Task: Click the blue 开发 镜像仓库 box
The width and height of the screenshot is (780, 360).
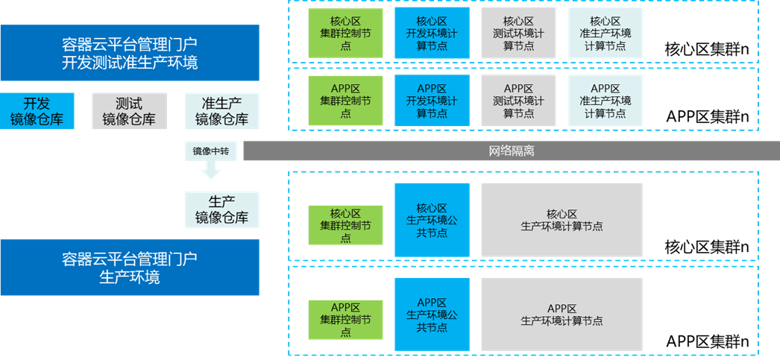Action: click(37, 111)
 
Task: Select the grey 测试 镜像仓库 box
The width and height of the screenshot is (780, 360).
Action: click(129, 111)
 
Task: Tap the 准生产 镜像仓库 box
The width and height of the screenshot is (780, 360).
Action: click(221, 111)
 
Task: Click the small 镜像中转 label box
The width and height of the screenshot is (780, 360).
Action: click(211, 151)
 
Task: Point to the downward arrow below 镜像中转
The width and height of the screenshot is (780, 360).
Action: click(211, 171)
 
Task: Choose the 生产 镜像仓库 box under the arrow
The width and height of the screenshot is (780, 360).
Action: click(221, 209)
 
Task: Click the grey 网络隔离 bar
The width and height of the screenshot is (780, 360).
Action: click(511, 151)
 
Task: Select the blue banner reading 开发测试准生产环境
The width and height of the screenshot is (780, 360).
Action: click(130, 53)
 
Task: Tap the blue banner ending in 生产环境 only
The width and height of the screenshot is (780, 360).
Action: click(130, 268)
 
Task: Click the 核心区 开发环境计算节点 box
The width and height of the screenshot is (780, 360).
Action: click(432, 34)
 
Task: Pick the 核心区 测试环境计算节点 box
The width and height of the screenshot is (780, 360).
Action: click(518, 34)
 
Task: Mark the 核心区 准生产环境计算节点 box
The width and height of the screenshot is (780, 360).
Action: click(605, 34)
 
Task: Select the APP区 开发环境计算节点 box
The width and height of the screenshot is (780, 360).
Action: click(432, 101)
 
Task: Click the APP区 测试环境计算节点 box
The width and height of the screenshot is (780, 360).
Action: click(518, 101)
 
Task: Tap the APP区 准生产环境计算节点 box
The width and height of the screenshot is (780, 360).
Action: click(605, 101)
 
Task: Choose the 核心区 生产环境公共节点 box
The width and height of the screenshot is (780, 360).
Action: click(432, 220)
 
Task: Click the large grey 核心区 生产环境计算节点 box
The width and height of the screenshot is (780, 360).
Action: click(562, 220)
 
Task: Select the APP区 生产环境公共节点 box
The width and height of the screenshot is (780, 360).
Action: click(432, 314)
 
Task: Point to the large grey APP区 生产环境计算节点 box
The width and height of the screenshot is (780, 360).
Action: click(562, 314)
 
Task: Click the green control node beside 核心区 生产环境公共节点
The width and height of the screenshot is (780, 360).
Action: click(345, 225)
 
